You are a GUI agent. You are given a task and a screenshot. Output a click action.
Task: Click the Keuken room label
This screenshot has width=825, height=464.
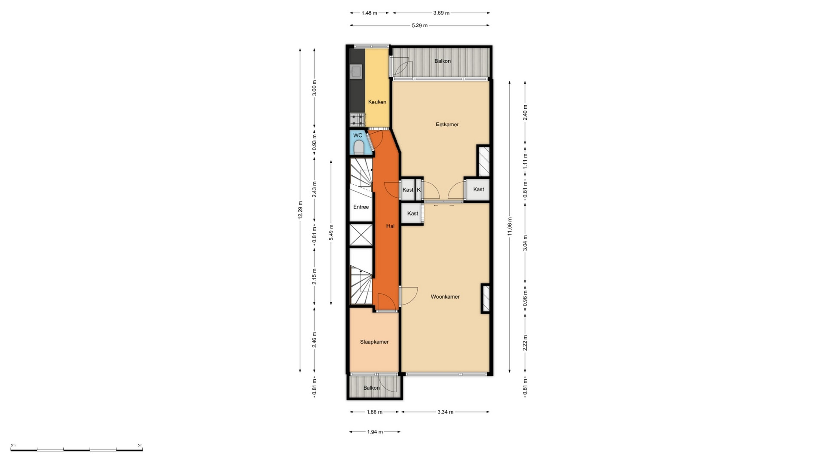click(377, 102)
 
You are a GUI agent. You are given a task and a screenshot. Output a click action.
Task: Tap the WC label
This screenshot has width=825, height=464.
click(357, 135)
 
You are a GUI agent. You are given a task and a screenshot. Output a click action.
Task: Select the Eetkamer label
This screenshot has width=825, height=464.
click(447, 125)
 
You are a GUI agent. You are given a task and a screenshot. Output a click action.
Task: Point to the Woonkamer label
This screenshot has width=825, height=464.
click(445, 297)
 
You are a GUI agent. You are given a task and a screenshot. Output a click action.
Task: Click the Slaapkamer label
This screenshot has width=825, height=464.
click(374, 342)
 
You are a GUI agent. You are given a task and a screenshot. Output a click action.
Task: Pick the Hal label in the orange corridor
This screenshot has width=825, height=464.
click(390, 226)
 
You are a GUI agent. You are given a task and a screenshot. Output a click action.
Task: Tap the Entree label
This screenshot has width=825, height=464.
click(361, 207)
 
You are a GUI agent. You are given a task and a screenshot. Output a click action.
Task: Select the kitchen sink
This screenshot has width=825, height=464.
click(356, 71)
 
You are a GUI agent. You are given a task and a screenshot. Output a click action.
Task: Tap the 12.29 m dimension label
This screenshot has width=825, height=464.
click(300, 210)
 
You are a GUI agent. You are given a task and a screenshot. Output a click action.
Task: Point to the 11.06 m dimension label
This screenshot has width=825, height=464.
click(510, 226)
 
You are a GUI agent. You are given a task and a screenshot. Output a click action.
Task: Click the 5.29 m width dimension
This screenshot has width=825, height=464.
click(420, 25)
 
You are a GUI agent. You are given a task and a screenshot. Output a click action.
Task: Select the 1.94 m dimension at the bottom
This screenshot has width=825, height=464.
click(375, 432)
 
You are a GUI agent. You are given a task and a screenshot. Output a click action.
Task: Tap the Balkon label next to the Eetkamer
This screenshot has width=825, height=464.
click(443, 61)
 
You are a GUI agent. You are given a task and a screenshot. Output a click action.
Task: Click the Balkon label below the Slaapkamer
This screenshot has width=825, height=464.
click(372, 388)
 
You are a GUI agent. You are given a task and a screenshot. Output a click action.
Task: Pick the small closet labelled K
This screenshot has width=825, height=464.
click(419, 190)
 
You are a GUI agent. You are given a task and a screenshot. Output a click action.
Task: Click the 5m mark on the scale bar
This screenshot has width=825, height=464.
click(140, 446)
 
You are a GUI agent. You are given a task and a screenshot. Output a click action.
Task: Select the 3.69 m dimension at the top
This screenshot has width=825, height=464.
click(441, 13)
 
